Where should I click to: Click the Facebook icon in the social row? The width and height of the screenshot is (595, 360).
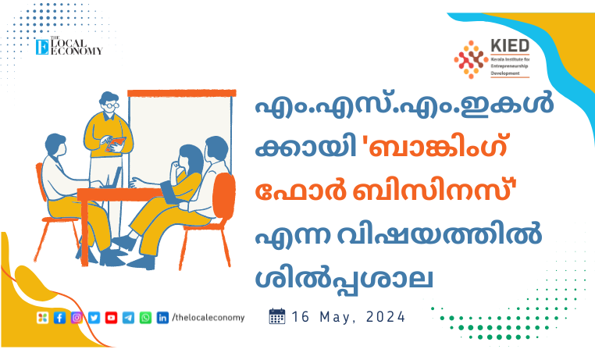[59, 318]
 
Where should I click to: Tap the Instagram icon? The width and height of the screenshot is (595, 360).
[77, 318]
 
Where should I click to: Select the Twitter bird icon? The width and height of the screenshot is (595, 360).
[94, 318]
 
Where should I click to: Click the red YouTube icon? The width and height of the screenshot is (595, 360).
[111, 318]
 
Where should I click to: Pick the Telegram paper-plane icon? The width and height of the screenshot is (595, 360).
[128, 318]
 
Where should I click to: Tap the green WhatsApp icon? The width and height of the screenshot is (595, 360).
[145, 318]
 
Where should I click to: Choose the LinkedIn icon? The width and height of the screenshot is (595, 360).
[162, 318]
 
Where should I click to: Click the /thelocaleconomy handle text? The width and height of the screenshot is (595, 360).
[208, 318]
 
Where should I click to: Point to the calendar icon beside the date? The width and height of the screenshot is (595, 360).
[277, 316]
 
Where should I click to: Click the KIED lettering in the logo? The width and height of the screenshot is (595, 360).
[510, 46]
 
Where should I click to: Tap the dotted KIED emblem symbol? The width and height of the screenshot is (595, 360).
[471, 59]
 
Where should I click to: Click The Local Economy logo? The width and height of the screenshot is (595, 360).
[69, 46]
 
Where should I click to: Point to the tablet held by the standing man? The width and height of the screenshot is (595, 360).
[115, 144]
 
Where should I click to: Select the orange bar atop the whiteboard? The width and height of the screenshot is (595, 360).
[182, 94]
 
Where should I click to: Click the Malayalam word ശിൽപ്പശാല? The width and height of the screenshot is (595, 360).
[344, 280]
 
